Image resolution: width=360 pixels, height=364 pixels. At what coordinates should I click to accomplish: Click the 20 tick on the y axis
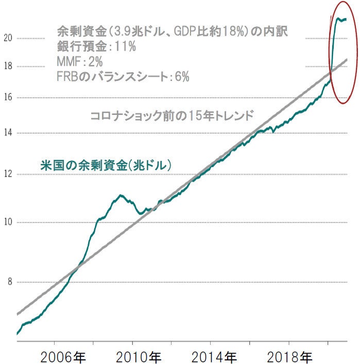[x=8, y=38]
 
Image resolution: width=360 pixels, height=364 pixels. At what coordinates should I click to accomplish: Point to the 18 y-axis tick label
[x=7, y=67]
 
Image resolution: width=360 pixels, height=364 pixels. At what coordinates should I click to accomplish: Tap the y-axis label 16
[x=7, y=97]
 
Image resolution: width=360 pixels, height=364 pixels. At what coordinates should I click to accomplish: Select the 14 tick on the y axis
[x=7, y=133]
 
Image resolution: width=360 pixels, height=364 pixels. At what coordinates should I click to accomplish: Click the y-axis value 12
[x=7, y=174]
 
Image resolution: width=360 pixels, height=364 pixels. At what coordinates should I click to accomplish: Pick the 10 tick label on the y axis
[x=7, y=223]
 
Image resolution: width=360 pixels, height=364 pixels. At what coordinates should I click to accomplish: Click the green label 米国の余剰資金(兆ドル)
[x=106, y=166]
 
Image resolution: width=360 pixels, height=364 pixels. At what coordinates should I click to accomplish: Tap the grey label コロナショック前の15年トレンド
[x=172, y=115]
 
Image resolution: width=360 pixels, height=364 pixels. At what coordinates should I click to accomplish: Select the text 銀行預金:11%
[x=96, y=46]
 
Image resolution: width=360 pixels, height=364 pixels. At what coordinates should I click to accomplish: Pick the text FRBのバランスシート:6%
[x=123, y=77]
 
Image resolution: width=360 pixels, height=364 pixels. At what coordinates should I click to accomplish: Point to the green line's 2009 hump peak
[x=120, y=195]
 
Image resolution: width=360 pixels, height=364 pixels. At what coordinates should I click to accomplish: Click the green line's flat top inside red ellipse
[x=341, y=20]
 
